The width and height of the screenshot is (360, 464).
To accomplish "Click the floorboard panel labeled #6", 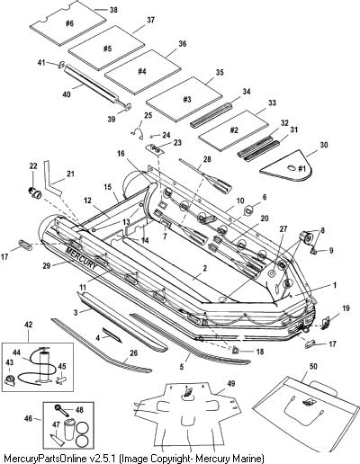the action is [68, 23].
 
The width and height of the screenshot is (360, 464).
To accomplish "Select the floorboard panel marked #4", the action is [142, 72].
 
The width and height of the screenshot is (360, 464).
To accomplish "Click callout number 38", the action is [113, 10].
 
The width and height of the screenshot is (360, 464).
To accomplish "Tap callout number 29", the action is [47, 265].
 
